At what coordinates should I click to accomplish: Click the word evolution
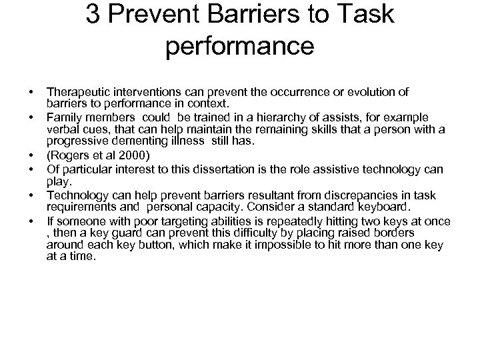coord(364,92)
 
